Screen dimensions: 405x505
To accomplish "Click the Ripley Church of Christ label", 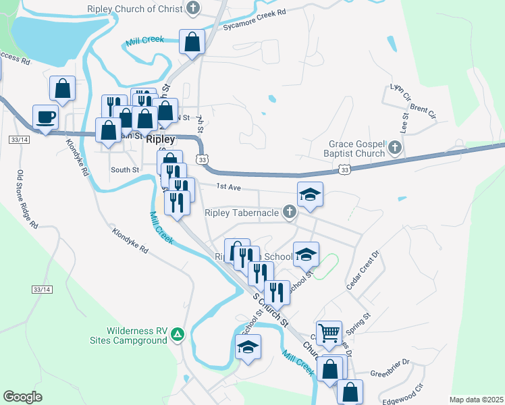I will tap(135, 9).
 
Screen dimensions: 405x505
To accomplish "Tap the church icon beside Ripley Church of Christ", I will tap(193, 9).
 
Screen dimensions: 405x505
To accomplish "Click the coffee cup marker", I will tap(46, 117).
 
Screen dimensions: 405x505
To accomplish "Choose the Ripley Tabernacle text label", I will tap(242, 213).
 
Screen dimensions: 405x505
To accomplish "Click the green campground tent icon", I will tap(177, 334).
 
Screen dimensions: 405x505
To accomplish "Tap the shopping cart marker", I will tap(329, 332).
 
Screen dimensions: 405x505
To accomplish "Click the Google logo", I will tap(22, 397).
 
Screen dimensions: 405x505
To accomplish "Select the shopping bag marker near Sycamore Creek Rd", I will tap(192, 42).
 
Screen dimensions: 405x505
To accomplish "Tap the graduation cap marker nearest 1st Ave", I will tap(311, 195).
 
